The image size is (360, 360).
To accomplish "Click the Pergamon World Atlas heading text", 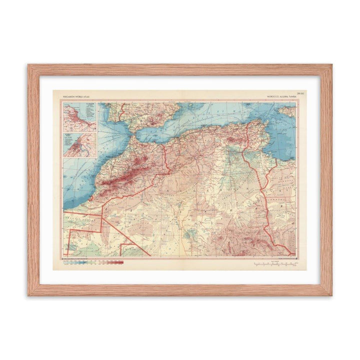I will point(76,94).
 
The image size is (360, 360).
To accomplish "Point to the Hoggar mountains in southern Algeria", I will point(235,240).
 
